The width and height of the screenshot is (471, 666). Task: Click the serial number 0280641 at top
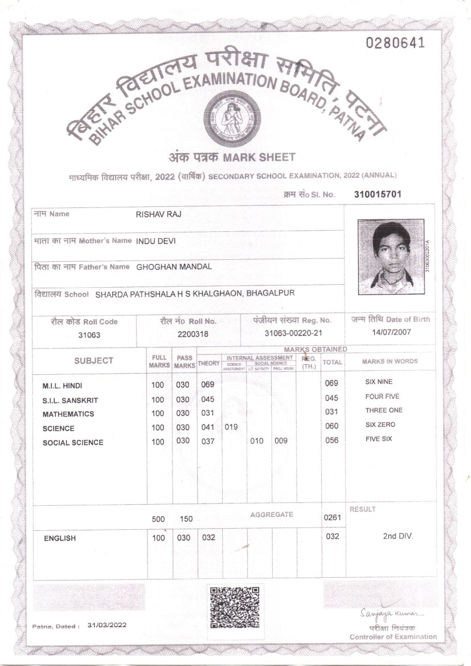[395, 43]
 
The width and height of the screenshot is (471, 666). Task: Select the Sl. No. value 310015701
[378, 194]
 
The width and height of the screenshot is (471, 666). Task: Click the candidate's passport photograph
[391, 254]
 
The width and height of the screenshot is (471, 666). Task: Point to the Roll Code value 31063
[89, 335]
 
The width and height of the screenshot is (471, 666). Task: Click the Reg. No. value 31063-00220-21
[293, 333]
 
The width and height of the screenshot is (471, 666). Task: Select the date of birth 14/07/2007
[391, 332]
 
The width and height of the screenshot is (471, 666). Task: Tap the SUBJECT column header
[93, 361]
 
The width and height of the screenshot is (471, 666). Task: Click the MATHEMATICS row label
[68, 414]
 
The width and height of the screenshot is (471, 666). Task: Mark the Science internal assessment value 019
[231, 426]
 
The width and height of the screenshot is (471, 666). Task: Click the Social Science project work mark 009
[281, 440]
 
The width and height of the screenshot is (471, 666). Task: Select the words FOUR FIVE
[383, 397]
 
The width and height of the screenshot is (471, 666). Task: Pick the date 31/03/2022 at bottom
[107, 625]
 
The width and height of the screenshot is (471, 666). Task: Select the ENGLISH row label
[60, 538]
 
